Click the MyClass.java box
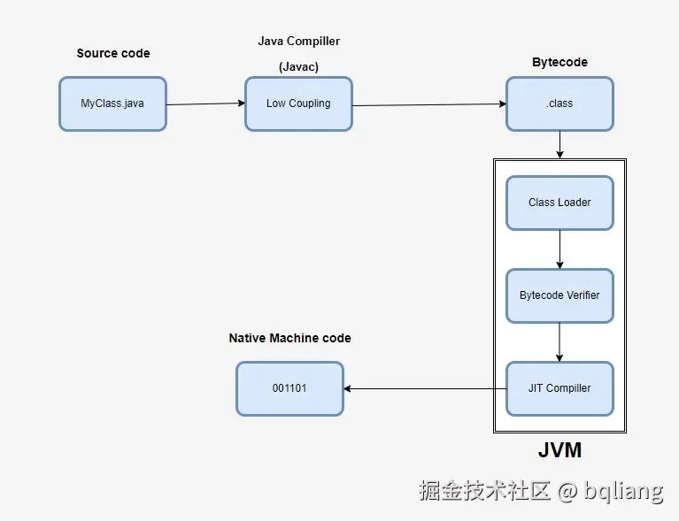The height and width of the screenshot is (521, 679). pos(112,103)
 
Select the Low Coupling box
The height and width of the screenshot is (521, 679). pos(298,103)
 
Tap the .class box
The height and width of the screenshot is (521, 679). pos(559,103)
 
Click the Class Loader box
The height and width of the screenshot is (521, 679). pos(559,203)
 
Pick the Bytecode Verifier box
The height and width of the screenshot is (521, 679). pos(559,295)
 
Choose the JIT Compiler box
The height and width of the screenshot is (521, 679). pos(559,388)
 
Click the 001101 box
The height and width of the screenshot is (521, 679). pos(289,388)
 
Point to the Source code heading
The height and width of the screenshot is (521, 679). pos(113,53)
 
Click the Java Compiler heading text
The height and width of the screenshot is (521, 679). pos(298,41)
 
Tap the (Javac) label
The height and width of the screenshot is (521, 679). pos(298,66)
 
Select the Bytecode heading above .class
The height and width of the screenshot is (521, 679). pos(559,62)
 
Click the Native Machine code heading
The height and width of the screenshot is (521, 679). pos(289,338)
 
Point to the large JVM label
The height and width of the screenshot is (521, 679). pos(559,449)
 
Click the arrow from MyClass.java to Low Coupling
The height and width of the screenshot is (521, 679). pos(205,103)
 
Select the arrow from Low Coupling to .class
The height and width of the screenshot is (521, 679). pos(429,104)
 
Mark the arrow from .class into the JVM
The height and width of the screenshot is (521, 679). pos(559,145)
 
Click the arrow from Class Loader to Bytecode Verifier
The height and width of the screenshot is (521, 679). pos(559,249)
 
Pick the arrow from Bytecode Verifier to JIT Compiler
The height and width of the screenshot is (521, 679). pos(559,341)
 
